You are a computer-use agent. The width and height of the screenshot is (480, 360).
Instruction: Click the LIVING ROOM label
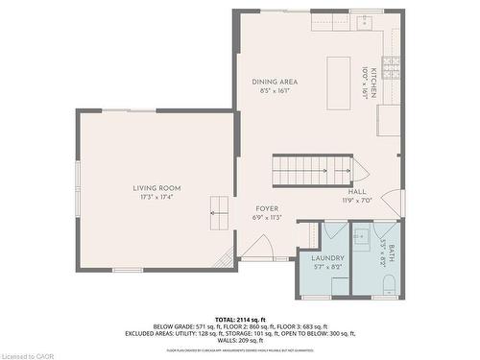(156, 188)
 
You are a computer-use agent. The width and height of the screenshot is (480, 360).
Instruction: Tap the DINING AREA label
(276, 83)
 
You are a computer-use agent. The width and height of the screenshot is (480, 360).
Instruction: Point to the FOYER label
(267, 208)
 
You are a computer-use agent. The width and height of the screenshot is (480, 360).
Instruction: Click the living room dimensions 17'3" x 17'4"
(156, 197)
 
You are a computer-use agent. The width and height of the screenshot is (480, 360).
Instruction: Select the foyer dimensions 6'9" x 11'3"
(268, 218)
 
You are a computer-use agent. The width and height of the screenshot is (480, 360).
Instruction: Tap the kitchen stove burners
(391, 67)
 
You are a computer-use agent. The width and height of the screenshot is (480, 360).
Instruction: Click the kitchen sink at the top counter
(366, 21)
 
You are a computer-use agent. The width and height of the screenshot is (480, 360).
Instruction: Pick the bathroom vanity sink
(360, 237)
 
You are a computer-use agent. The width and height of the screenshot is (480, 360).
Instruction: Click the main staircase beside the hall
(314, 170)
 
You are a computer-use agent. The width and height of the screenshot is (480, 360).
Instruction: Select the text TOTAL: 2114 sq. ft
(240, 318)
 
